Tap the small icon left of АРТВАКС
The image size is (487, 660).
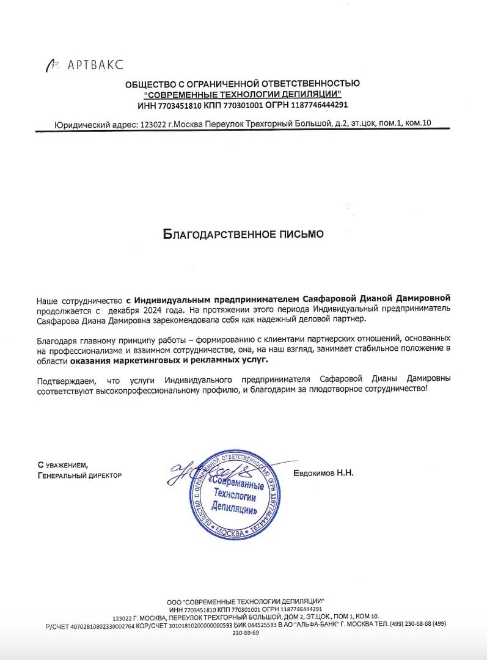[53, 64]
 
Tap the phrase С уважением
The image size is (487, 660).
[62, 465]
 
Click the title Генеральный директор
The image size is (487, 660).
[79, 475]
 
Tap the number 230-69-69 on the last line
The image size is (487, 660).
[246, 633]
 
